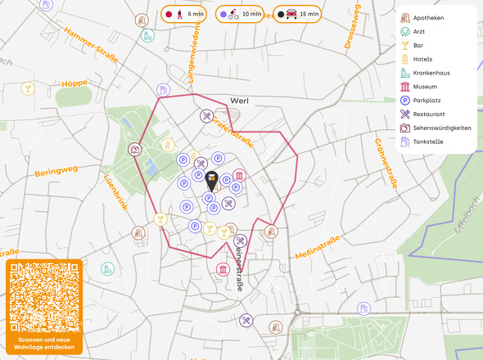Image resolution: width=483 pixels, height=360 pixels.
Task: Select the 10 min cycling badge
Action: [x=241, y=15]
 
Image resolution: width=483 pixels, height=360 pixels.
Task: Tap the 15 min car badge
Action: [x=296, y=15]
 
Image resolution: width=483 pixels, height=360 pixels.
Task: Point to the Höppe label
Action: [x=74, y=83]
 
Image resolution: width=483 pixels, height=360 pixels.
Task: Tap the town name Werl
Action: [x=239, y=101]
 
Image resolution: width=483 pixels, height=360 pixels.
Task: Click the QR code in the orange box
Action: [x=44, y=297]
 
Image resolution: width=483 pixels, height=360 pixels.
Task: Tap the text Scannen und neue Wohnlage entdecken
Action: [x=44, y=343]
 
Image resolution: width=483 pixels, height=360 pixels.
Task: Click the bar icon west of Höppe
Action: [x=29, y=88]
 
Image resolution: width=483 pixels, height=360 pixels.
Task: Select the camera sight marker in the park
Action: [x=134, y=150]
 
